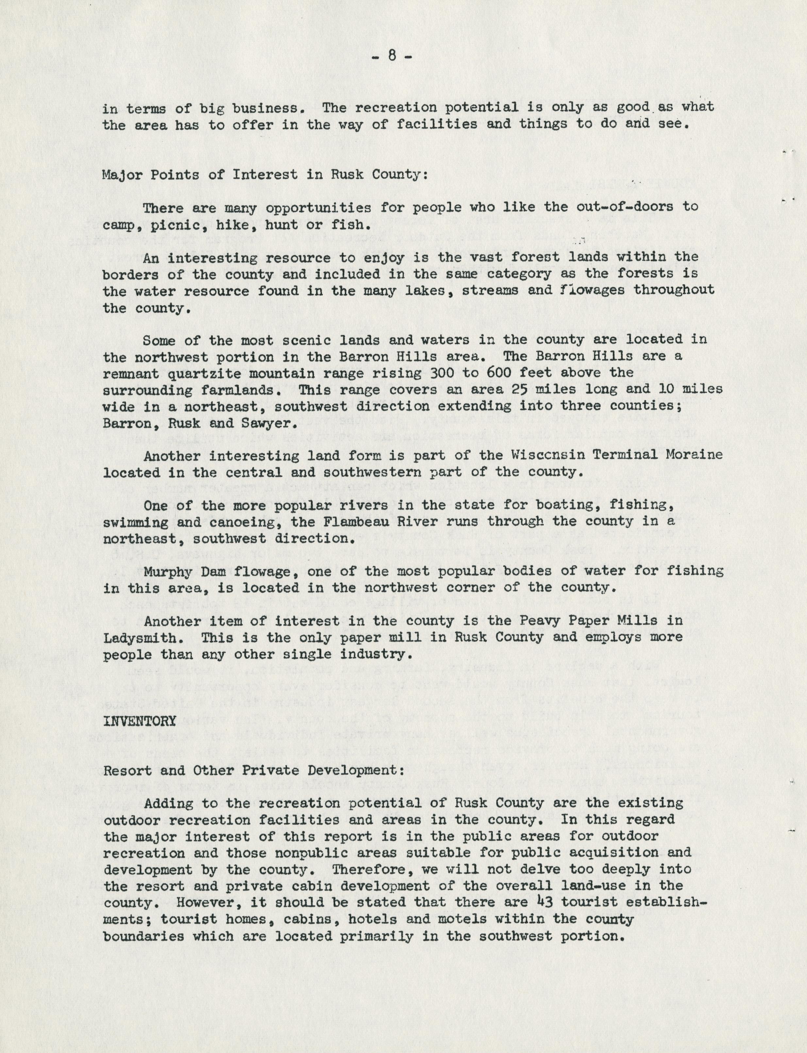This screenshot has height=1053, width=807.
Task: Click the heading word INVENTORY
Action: (x=139, y=721)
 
